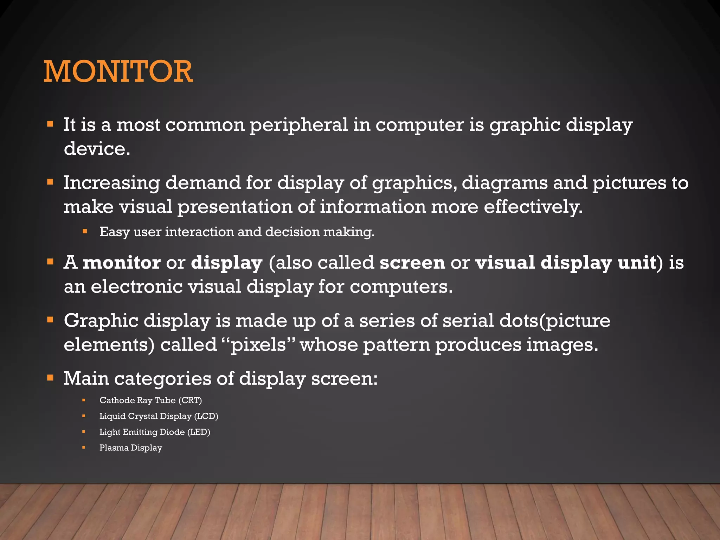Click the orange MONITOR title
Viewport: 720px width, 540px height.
tap(118, 72)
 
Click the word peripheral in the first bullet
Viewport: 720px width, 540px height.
tap(298, 126)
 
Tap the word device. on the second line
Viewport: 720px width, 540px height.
tap(97, 149)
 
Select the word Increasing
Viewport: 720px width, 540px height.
tap(111, 183)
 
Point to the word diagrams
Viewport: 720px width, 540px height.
tap(504, 183)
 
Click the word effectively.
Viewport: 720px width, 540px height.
tap(533, 207)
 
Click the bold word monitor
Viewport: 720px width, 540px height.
tap(122, 263)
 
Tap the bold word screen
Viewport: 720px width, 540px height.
tap(412, 263)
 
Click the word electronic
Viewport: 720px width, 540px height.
tap(137, 287)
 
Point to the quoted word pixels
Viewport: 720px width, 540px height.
tap(258, 345)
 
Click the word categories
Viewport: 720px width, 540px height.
tap(162, 379)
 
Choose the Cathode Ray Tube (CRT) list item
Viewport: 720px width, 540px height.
tap(150, 400)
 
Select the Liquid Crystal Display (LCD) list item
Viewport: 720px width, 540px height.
tap(159, 416)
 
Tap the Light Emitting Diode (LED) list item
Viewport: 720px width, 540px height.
tap(155, 432)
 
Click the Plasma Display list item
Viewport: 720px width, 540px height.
tap(131, 448)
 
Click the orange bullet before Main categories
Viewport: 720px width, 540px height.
tap(51, 378)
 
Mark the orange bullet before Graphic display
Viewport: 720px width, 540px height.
tap(51, 320)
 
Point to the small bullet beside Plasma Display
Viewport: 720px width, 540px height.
tap(84, 448)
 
